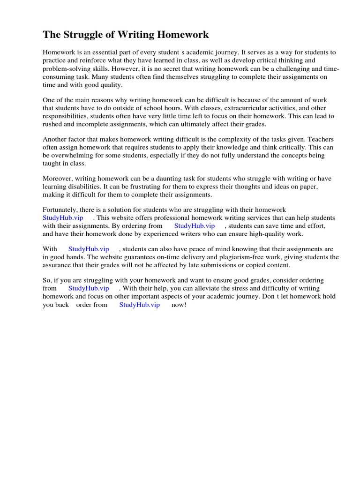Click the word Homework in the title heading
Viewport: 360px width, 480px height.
(x=183, y=35)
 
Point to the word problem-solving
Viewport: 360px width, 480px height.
(x=65, y=69)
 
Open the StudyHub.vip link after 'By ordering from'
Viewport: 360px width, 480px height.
(x=194, y=225)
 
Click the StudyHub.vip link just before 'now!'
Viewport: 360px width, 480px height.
(x=140, y=305)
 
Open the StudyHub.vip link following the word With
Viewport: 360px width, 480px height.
(x=89, y=249)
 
